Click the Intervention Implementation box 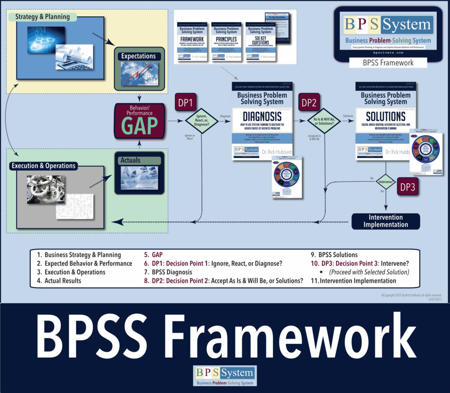(x=385, y=221)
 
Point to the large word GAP (x=139, y=125)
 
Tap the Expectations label (x=139, y=56)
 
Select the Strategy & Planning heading (x=42, y=17)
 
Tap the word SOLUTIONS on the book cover (x=385, y=116)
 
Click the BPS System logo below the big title (x=225, y=376)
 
